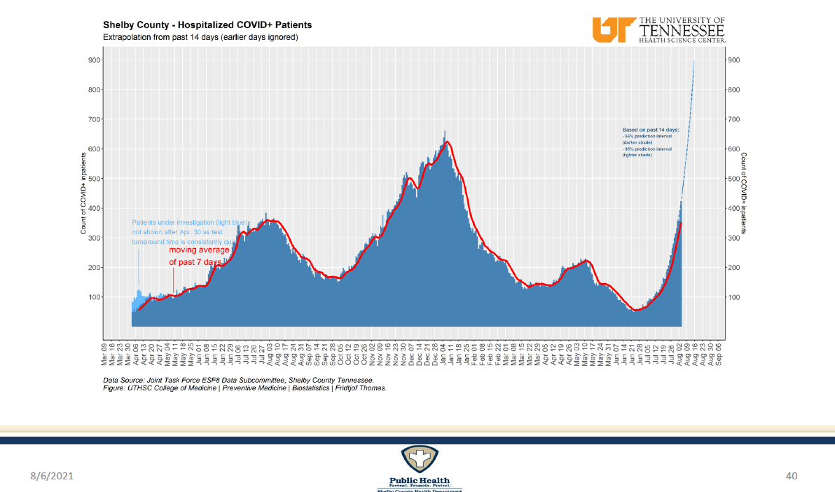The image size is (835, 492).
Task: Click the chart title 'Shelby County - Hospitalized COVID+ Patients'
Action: pos(207,25)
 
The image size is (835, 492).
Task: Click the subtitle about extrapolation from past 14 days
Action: pos(200,37)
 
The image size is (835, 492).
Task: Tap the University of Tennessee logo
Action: pos(659,29)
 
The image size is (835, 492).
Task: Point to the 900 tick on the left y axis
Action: pos(94,60)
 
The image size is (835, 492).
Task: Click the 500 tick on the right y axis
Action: pos(734,179)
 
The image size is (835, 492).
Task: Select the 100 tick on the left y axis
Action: pos(94,297)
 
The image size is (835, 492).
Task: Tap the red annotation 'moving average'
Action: pos(199,250)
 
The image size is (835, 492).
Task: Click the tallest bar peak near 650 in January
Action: pos(445,132)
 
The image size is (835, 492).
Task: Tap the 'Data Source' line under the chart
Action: pos(237,380)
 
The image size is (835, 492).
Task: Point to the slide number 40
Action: pos(792,477)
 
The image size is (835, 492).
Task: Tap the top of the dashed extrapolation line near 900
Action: pos(693,62)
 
